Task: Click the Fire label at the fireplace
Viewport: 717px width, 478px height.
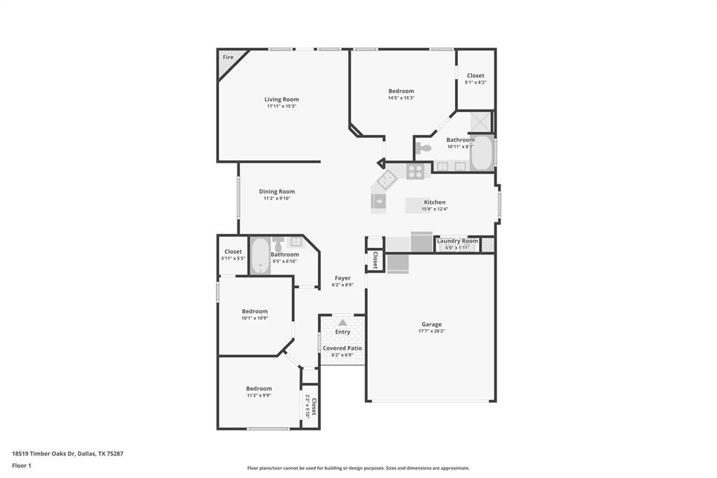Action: pos(228,57)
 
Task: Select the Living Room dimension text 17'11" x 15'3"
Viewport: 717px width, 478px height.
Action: pos(281,107)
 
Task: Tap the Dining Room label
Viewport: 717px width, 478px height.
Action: pos(277,191)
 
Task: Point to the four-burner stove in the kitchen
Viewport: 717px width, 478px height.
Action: pos(415,171)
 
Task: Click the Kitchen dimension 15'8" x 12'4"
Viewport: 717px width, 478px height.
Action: pos(434,209)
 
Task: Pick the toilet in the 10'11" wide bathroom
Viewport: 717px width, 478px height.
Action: pos(424,148)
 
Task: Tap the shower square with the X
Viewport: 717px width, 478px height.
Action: pos(481,121)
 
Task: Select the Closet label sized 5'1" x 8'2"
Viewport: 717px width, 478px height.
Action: pos(475,76)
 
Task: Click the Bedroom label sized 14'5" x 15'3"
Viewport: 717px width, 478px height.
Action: pos(401,91)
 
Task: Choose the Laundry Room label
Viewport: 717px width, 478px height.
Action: pos(457,241)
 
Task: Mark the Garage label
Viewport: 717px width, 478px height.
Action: pos(431,325)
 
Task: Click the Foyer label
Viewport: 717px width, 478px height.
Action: pos(342,278)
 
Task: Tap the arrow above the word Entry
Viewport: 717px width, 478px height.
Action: pos(342,322)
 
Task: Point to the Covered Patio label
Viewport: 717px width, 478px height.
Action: pos(342,348)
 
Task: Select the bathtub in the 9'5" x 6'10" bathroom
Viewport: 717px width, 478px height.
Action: pos(260,256)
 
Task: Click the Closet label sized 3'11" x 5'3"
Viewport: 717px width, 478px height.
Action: pos(233,252)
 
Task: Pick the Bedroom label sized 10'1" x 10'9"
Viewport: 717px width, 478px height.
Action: pos(255,311)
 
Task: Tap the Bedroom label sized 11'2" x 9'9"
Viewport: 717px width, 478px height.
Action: pos(258,388)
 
